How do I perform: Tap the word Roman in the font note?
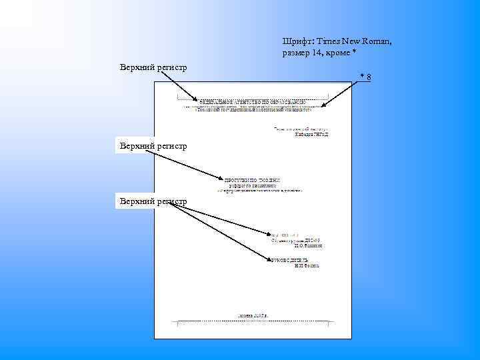(377, 41)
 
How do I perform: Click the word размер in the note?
(296, 53)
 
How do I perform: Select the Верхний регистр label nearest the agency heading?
(153, 67)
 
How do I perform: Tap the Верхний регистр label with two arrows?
(153, 201)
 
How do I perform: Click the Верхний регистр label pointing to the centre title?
(153, 145)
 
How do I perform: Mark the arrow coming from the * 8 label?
(337, 94)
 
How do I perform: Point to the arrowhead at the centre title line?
(223, 179)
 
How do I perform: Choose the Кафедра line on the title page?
(312, 134)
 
